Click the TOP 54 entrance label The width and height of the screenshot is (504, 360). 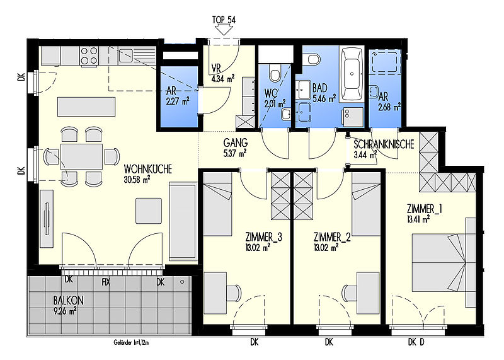224,20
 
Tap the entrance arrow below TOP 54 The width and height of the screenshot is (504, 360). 224,30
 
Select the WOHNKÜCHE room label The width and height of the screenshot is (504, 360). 148,169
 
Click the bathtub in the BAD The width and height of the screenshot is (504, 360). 352,74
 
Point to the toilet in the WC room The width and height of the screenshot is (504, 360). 275,73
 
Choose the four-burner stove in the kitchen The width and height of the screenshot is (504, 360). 89,55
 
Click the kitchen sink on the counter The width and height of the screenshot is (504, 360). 125,55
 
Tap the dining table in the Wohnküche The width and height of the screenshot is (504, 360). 81,157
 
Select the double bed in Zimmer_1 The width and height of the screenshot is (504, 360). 438,262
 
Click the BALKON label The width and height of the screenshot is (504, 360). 68,301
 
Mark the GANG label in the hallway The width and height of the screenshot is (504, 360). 235,142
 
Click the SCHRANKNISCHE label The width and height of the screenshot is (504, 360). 384,144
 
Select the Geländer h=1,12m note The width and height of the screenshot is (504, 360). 131,343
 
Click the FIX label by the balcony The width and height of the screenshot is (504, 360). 106,282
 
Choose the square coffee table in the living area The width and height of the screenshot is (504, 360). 149,211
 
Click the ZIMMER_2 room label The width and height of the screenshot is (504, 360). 332,238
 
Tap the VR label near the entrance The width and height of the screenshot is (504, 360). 216,69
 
